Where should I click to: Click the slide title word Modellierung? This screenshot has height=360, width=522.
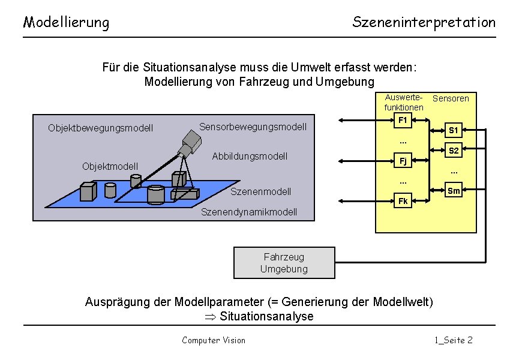[66, 23]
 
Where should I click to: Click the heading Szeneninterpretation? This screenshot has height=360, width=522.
[424, 23]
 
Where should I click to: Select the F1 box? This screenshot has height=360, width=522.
[403, 121]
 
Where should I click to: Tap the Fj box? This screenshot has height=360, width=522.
[403, 161]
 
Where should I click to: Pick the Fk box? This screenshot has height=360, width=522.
[403, 201]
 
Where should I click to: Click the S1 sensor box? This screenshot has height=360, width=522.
[454, 130]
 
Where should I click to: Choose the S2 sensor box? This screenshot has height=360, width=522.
[454, 151]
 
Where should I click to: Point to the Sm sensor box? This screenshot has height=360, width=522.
[454, 191]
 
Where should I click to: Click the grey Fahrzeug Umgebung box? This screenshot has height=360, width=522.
[284, 263]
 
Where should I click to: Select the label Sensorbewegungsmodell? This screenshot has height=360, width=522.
[253, 127]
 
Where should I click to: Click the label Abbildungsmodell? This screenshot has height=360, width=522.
[250, 157]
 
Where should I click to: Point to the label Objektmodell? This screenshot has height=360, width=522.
[110, 166]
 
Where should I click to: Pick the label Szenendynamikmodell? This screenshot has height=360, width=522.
[249, 212]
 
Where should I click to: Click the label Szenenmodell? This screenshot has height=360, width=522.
[261, 191]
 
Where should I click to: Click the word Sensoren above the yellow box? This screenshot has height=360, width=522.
[451, 98]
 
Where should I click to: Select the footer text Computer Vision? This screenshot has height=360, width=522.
[214, 340]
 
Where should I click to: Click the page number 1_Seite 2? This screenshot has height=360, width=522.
[454, 340]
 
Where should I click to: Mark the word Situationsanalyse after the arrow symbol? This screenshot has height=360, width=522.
[266, 316]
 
